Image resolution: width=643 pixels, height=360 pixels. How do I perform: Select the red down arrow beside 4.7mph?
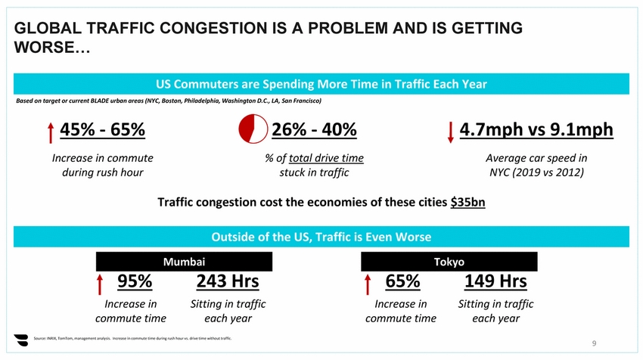[x=451, y=132]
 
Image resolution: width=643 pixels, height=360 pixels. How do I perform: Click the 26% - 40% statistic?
[x=314, y=130]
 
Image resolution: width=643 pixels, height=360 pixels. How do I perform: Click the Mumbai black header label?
[x=185, y=262]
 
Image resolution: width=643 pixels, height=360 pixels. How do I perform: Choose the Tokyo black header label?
[x=449, y=262]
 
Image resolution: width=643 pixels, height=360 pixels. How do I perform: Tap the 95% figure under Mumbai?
[x=135, y=281]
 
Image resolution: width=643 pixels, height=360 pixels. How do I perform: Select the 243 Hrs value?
[x=228, y=281]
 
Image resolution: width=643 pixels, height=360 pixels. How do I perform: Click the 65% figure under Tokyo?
[x=402, y=281]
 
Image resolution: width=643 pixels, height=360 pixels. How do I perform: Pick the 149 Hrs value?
[x=495, y=281]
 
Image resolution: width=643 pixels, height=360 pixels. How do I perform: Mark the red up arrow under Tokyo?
[x=368, y=284]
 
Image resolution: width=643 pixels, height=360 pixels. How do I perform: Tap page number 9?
[x=595, y=344]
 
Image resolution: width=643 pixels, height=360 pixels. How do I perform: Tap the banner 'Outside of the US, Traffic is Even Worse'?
[x=321, y=237]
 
